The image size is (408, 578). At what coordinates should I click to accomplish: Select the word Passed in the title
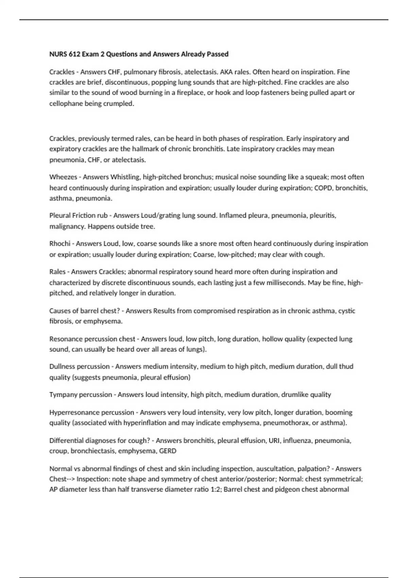[x=218, y=54]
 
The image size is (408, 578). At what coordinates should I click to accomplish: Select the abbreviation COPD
[x=323, y=188]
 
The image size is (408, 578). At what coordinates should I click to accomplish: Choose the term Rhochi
[x=60, y=244]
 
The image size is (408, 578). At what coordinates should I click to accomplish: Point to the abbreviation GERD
[x=168, y=451]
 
